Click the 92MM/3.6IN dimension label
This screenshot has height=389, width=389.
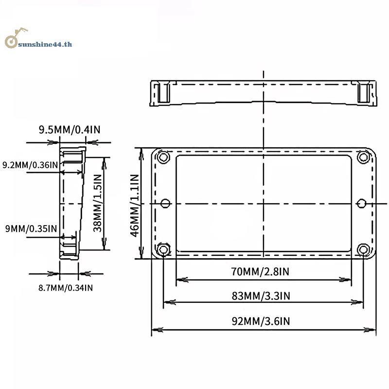click(x=261, y=321)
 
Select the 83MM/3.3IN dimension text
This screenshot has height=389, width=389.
click(x=261, y=296)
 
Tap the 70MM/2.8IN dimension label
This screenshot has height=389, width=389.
click(x=260, y=271)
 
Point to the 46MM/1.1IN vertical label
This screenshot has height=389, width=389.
click(x=135, y=206)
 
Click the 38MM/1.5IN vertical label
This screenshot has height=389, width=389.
click(x=97, y=203)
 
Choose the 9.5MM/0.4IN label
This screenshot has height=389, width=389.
click(x=70, y=129)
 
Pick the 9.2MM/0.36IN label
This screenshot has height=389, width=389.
click(x=30, y=165)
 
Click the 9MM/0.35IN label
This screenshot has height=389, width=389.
click(x=31, y=229)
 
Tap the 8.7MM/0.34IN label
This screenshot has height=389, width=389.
click(x=66, y=288)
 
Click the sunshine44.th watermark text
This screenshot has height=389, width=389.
click(x=45, y=44)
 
